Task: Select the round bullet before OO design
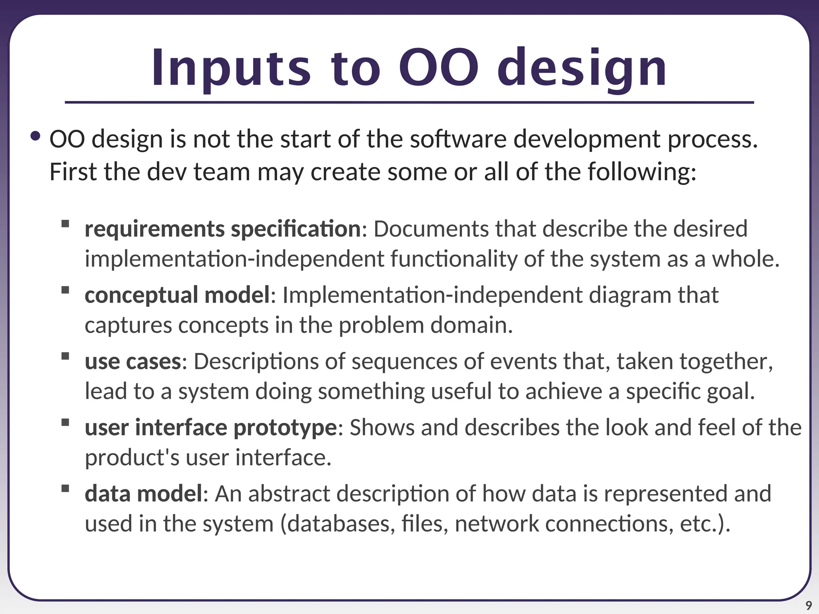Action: click(36, 137)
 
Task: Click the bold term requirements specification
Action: click(223, 229)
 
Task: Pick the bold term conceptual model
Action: click(178, 295)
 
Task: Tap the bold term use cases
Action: click(133, 361)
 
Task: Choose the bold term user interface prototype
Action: click(211, 427)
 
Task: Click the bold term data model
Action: click(144, 494)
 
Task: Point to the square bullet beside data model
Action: click(65, 488)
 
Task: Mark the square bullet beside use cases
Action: click(65, 356)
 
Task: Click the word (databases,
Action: click(338, 524)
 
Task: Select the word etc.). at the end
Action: click(705, 524)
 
